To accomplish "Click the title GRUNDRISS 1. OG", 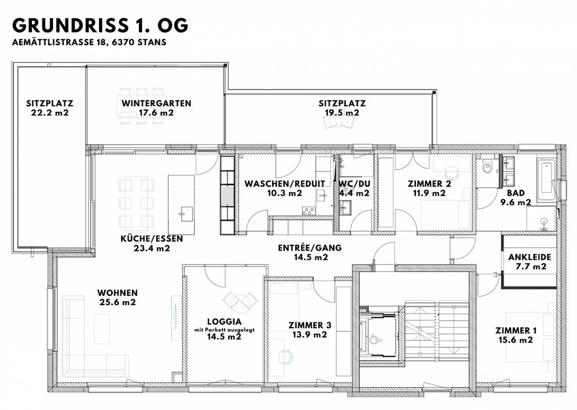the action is (100, 26).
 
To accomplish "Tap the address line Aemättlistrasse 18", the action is (89, 42).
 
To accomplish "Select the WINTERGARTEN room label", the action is (156, 103).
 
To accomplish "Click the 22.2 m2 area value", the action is (50, 113).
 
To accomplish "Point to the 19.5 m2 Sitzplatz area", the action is (342, 113).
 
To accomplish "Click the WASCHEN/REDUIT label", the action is (284, 184).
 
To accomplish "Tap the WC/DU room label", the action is (354, 184).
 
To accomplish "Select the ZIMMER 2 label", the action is (429, 184).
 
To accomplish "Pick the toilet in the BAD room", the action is (487, 166).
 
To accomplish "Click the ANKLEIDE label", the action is (530, 257).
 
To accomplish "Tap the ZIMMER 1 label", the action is (516, 331).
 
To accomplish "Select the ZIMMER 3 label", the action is (310, 325).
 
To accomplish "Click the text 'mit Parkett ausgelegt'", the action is (224, 330).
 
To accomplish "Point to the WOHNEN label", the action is (117, 293).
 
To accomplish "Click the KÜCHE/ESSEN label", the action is (151, 239).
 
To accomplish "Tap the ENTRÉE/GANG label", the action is (310, 248).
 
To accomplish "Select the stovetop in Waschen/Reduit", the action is (308, 210).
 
